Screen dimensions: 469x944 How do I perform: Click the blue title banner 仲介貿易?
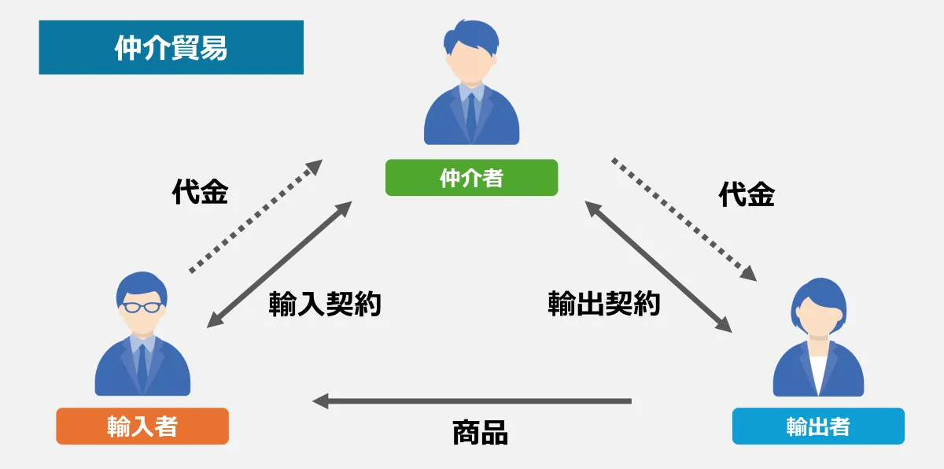point(171,47)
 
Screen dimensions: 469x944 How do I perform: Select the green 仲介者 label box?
point(471,178)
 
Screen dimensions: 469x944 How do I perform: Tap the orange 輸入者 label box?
point(142,426)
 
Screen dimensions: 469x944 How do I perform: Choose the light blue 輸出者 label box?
point(818,426)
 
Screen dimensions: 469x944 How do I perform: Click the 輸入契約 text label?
point(325,304)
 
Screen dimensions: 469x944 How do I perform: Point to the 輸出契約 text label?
point(603,304)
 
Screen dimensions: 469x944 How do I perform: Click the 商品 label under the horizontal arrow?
point(480,432)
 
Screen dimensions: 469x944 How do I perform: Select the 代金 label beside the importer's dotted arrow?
point(200,193)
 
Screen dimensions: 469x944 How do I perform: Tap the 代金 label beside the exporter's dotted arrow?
point(747,195)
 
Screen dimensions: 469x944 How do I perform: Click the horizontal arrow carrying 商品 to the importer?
point(472,401)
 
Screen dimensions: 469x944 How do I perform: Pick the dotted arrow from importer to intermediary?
point(256,216)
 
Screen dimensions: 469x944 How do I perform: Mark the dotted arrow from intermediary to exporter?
point(684,219)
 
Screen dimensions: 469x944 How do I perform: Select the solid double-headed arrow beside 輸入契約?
point(278,264)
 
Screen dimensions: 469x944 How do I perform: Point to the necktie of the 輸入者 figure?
point(142,365)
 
